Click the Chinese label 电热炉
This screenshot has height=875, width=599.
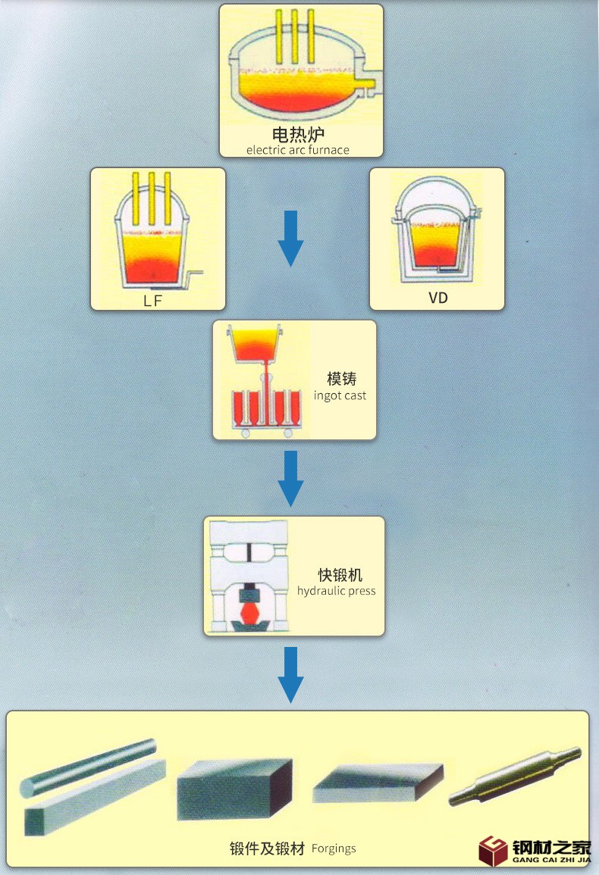coord(298,136)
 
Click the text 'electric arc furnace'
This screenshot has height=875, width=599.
coord(298,150)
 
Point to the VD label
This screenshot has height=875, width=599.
coord(438,298)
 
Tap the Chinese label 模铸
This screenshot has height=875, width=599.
coord(341,379)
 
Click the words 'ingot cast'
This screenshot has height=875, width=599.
coord(340,395)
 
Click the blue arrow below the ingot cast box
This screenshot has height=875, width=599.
coord(290,478)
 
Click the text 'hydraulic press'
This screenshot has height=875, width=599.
coord(336,591)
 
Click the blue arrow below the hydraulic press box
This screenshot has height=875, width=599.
coord(290,673)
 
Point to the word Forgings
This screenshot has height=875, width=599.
coord(334,848)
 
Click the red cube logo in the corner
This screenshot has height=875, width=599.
coord(493,850)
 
